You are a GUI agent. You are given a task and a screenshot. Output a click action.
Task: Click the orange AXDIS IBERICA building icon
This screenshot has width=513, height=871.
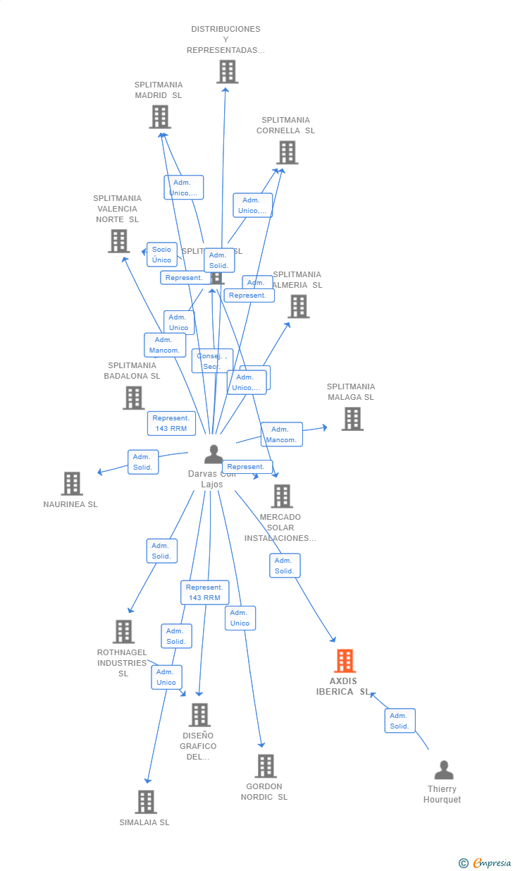pyautogui.click(x=345, y=661)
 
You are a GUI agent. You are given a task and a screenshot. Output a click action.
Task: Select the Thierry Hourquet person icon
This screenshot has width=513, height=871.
pyautogui.click(x=443, y=769)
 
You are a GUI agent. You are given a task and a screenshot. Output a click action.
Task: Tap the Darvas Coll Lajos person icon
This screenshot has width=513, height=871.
pyautogui.click(x=214, y=455)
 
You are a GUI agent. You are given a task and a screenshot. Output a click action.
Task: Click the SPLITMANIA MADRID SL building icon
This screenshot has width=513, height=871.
pyautogui.click(x=160, y=117)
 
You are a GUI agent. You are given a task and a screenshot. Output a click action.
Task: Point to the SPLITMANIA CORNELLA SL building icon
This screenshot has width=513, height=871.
pyautogui.click(x=287, y=152)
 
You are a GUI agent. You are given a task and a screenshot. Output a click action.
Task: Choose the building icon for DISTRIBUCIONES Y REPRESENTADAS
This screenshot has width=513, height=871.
pyautogui.click(x=227, y=72)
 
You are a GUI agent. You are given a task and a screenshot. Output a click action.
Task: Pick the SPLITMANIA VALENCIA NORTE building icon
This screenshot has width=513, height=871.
pyautogui.click(x=118, y=241)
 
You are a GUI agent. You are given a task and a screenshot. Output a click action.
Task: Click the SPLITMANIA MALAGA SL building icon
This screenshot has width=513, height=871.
pyautogui.click(x=352, y=419)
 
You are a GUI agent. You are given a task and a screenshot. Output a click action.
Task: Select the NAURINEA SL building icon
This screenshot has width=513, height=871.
pyautogui.click(x=72, y=484)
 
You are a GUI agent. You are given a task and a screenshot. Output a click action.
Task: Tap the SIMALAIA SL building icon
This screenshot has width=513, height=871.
pyautogui.click(x=146, y=802)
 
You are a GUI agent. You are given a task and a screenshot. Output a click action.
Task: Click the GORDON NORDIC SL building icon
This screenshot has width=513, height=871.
pyautogui.click(x=265, y=766)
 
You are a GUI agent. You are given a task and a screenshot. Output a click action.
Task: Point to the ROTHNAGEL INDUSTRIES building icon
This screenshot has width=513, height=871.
pyautogui.click(x=123, y=632)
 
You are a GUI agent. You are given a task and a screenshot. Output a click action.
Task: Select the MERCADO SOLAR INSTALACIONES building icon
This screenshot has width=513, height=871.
pyautogui.click(x=282, y=497)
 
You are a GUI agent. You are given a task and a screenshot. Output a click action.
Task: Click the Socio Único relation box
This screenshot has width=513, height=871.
pyautogui.click(x=161, y=255)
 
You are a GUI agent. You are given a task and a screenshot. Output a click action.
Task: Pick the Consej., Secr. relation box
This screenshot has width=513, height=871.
pyautogui.click(x=211, y=361)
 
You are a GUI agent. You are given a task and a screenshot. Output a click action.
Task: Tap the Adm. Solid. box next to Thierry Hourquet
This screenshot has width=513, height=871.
pyautogui.click(x=400, y=721)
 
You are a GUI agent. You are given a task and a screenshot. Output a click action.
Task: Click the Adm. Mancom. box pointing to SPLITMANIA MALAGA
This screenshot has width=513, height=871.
pyautogui.click(x=281, y=434)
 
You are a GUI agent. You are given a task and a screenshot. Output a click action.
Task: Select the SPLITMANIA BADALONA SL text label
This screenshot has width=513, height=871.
pyautogui.click(x=132, y=371)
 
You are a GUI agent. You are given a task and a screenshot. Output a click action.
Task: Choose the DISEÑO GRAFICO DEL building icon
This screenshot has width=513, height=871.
pyautogui.click(x=199, y=715)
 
